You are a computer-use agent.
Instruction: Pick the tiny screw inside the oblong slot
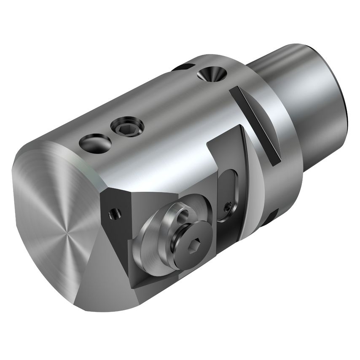point(228,207)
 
